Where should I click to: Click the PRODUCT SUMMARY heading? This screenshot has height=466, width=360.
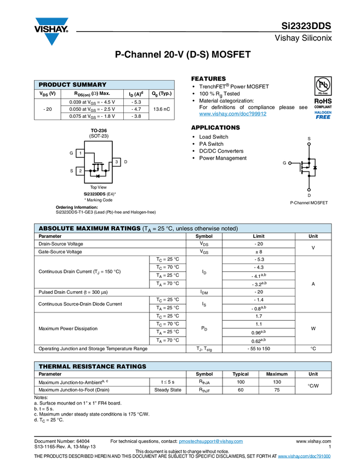[72, 85]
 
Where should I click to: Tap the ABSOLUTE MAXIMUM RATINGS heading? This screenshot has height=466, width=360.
[89, 229]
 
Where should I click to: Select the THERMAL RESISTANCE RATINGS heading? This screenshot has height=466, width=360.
[92, 366]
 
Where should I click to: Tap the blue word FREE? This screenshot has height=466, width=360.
[323, 117]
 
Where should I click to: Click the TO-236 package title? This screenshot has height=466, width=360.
[99, 130]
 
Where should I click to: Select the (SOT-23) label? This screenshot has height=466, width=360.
[99, 136]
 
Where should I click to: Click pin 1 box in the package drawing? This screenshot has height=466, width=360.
[80, 154]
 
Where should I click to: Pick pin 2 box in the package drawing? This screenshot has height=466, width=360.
[80, 171]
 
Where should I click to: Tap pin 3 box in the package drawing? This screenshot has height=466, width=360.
[117, 162]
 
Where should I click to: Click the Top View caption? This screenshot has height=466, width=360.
[99, 187]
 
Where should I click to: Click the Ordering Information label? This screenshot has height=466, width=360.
[77, 207]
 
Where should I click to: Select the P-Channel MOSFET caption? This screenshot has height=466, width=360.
[308, 203]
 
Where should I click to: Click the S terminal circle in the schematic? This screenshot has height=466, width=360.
[309, 145]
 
